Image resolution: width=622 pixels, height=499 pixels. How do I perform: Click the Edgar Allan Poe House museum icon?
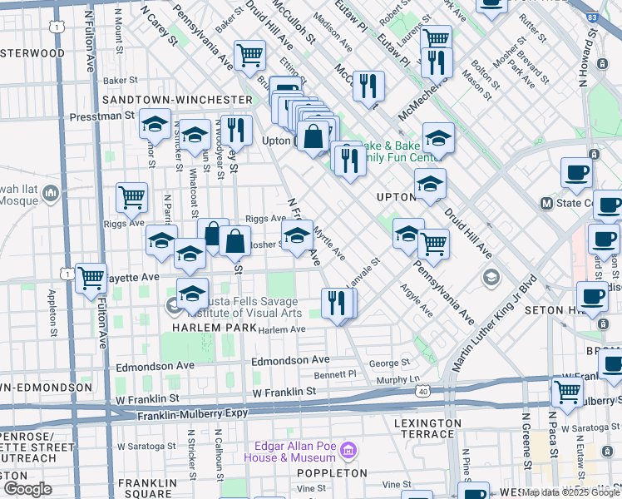348,452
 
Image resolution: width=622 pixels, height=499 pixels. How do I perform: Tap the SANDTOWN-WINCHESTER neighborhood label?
176,100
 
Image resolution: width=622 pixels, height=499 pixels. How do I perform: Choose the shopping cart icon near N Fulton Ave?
91,278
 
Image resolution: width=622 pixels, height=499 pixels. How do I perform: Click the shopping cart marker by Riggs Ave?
131,197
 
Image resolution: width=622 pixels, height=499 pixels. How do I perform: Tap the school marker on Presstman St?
155,124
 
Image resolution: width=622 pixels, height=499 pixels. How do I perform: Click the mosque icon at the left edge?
51,194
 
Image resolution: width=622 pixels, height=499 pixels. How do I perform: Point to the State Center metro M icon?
547,203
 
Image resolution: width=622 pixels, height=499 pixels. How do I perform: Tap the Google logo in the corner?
27,488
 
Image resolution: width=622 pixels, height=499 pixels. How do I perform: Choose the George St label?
384,363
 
